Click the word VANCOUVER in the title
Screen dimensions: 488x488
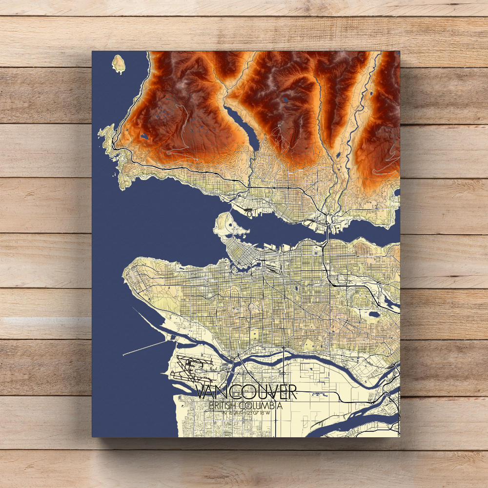pos(245,392)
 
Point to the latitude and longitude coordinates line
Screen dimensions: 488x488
pos(245,414)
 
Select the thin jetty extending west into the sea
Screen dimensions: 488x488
pos(146,347)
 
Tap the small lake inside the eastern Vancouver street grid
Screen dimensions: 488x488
pos(372,315)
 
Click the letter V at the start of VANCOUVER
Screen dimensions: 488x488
pos(201,392)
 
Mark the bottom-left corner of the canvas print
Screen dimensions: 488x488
pos(93,436)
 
